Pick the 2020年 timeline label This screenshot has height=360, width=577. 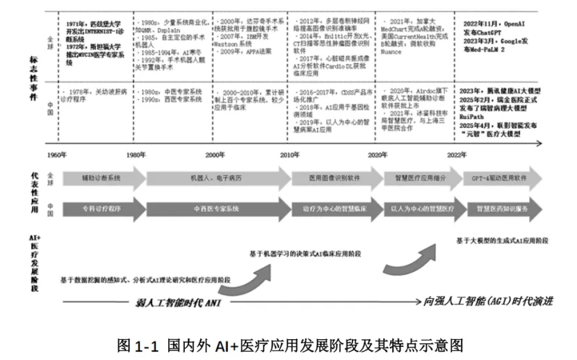coord(377,154)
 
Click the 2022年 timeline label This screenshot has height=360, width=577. coord(457,154)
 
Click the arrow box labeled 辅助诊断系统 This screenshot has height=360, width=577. coord(101,179)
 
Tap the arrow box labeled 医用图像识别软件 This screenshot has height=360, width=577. coord(334,179)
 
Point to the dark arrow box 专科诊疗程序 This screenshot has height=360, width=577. coord(101,208)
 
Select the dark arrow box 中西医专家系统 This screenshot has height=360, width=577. coord(215,208)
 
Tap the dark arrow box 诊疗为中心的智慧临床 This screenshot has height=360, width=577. coord(334,208)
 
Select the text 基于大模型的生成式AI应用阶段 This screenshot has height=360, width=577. coord(502,240)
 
